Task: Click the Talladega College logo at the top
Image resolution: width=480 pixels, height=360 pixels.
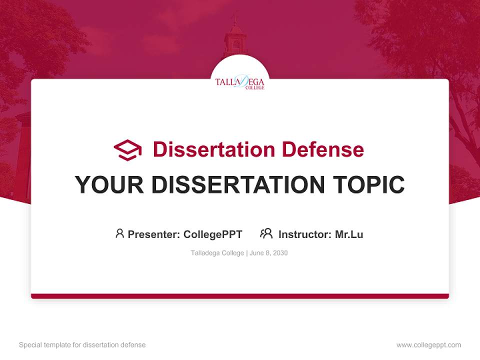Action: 240,81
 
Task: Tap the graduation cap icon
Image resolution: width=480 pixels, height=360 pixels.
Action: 127,149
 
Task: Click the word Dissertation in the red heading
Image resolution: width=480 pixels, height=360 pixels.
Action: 213,149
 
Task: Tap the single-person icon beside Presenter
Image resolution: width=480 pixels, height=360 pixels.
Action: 119,233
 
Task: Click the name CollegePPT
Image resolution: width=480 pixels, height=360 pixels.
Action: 213,234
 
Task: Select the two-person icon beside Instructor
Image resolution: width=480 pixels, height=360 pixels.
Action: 266,233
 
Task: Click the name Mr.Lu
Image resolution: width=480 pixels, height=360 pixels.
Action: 349,234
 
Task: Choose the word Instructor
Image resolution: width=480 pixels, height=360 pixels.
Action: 304,234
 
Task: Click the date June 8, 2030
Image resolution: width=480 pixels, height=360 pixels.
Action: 268,253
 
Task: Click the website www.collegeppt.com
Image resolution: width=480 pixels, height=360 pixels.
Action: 428,345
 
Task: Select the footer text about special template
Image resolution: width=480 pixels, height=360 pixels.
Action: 82,345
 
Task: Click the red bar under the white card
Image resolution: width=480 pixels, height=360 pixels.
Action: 240,296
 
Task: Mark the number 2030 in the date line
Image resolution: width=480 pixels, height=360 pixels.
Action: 280,253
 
